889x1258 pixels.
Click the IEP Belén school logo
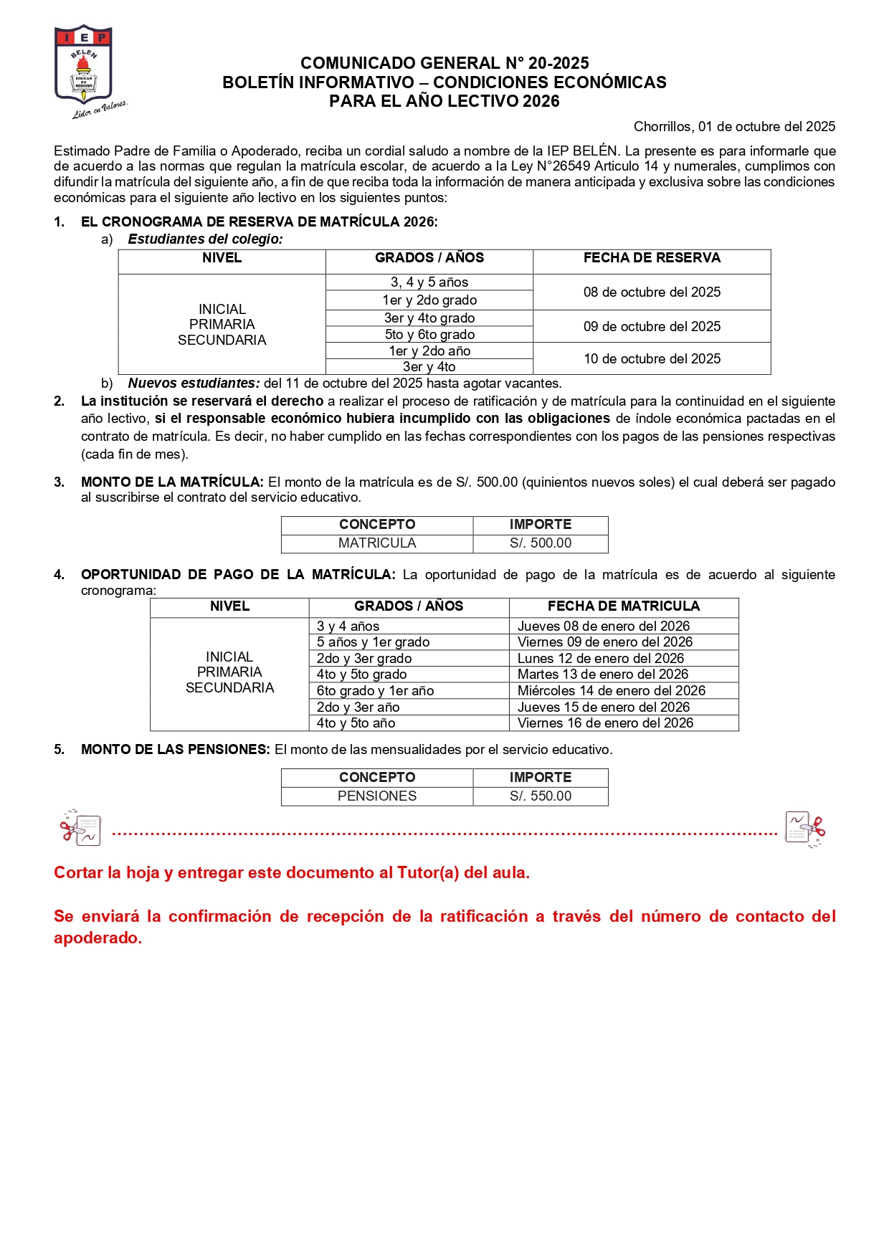(x=84, y=68)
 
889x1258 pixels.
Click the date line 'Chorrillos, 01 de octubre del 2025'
(x=734, y=127)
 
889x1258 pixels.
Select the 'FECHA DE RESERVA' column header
(x=652, y=258)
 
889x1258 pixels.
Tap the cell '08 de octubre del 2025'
(x=652, y=292)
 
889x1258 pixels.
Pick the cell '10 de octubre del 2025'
(x=652, y=359)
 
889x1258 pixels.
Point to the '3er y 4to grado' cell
(x=429, y=318)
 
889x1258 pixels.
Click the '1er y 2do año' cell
(x=429, y=351)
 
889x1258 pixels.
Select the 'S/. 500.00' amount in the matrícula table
(x=541, y=543)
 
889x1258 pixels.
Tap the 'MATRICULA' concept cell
(x=377, y=543)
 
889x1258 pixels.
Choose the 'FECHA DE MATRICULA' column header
(x=624, y=606)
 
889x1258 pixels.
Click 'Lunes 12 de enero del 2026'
(x=601, y=659)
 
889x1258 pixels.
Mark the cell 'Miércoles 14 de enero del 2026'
(x=612, y=691)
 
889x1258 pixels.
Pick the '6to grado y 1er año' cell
(x=376, y=691)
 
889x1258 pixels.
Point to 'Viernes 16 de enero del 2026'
(x=605, y=723)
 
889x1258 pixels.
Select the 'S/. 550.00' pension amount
(x=541, y=796)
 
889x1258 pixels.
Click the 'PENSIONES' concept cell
(x=377, y=796)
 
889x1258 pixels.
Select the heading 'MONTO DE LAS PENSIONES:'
(x=176, y=750)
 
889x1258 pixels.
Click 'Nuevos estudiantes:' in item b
(x=194, y=383)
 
